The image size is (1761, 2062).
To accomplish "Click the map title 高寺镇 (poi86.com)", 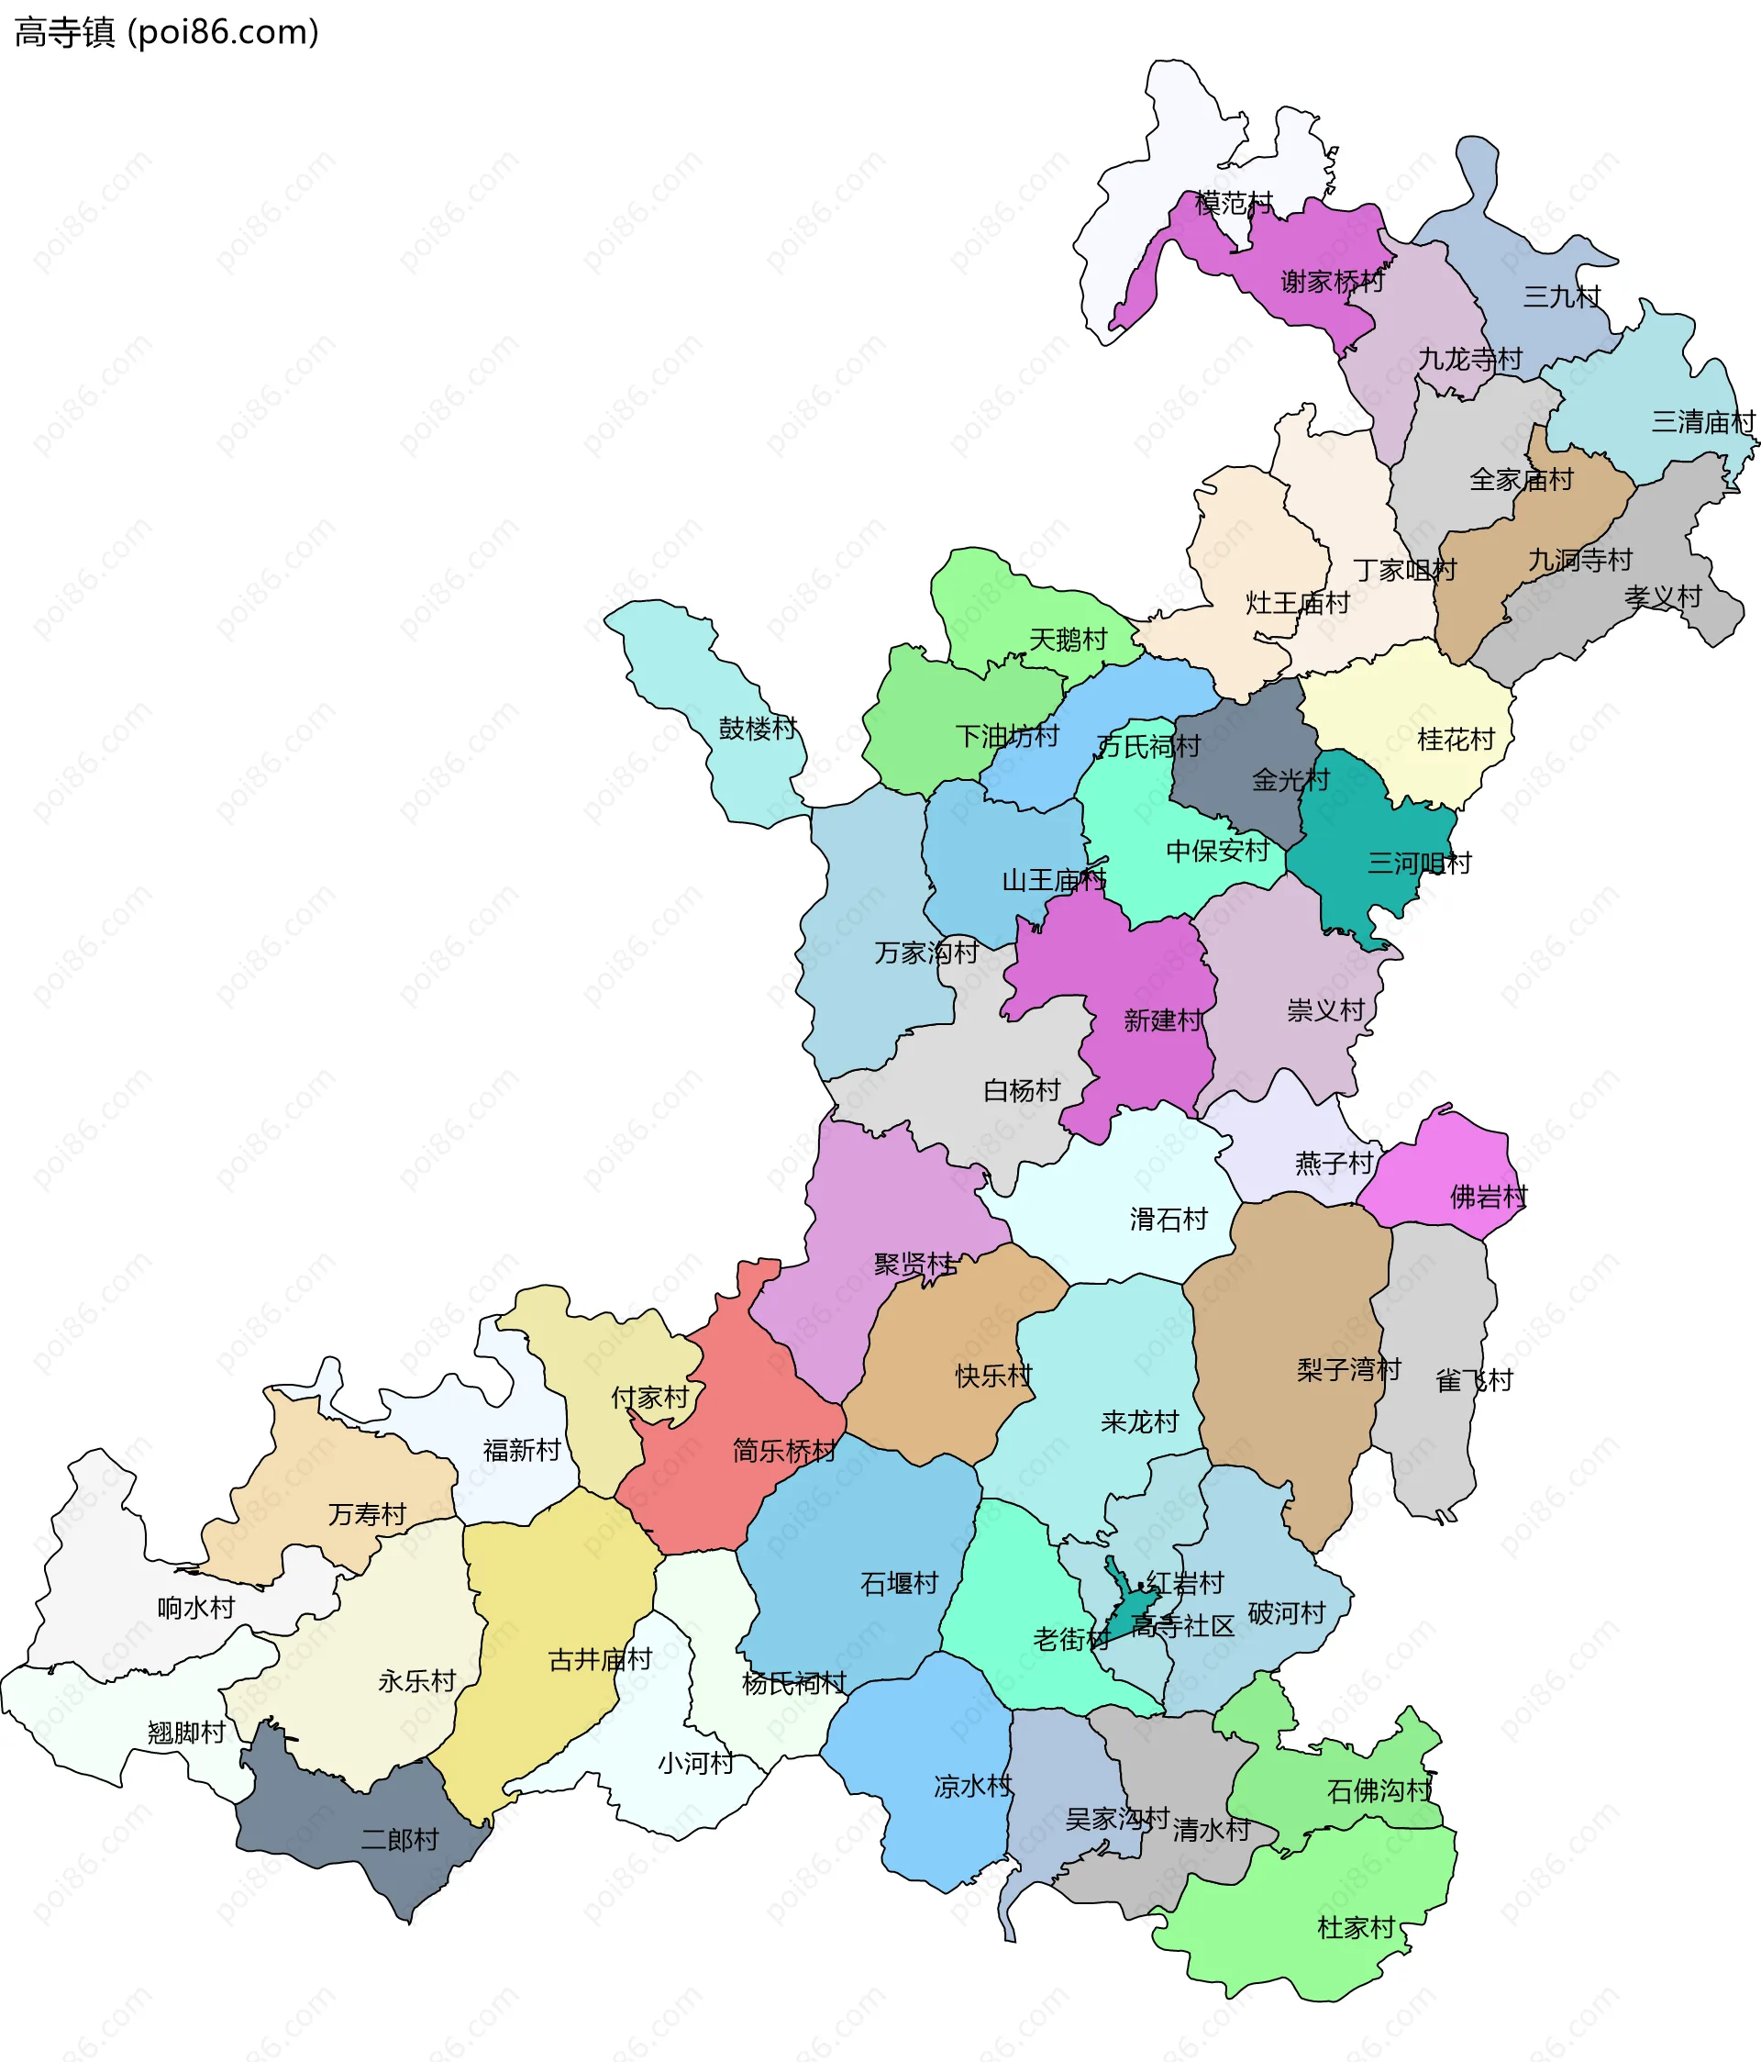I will click(x=166, y=32).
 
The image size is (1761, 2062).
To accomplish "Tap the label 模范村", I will click(x=1234, y=203).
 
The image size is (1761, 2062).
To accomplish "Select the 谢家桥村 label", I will click(x=1332, y=282).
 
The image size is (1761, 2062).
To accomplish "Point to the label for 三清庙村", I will click(x=1703, y=422).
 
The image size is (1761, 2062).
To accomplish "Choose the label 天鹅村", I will click(x=1068, y=639).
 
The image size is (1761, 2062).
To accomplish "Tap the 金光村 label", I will click(x=1290, y=779).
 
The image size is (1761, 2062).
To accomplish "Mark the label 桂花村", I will click(x=1456, y=740).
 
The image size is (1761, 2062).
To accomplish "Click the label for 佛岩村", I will click(x=1489, y=1197).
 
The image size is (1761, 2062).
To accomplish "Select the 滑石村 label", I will click(x=1168, y=1219).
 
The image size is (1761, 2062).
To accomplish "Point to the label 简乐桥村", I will click(x=784, y=1451).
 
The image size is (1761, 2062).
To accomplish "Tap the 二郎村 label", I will click(x=399, y=1839).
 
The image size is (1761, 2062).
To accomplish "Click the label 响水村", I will click(x=196, y=1607).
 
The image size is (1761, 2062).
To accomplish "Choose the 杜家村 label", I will click(x=1357, y=1928).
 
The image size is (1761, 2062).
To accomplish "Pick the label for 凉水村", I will click(x=972, y=1787).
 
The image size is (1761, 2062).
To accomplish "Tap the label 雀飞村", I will click(x=1474, y=1380).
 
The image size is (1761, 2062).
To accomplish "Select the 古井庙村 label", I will click(x=600, y=1659).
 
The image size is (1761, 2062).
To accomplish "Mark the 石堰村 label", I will click(x=900, y=1583).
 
